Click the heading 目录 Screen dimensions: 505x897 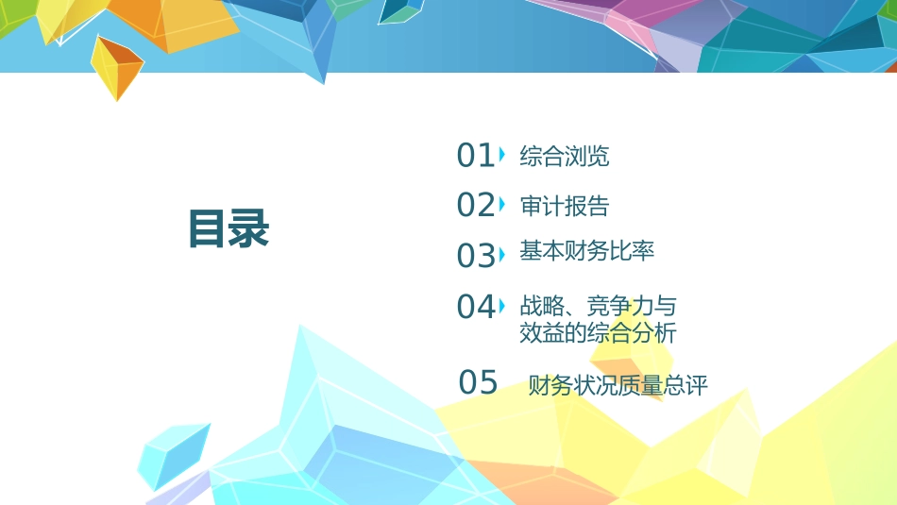pos(228,229)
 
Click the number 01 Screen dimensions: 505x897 pos(475,156)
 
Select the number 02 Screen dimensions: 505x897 pos(475,205)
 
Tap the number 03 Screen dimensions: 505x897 pos(475,256)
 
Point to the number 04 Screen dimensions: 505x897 pos(475,307)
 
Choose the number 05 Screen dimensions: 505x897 pos(478,383)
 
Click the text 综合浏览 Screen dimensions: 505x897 pos(565,157)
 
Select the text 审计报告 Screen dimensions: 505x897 pos(565,206)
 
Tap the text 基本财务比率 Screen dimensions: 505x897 pos(586,251)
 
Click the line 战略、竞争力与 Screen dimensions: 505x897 pos(598,306)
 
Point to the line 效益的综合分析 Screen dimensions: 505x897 pos(598,332)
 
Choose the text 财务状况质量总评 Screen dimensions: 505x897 pos(618,385)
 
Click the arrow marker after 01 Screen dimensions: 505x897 pos(501,153)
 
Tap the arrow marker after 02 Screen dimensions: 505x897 pos(501,202)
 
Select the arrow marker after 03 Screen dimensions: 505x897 pos(501,253)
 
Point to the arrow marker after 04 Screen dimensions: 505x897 pos(501,304)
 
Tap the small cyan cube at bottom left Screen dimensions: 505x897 pos(172,454)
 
